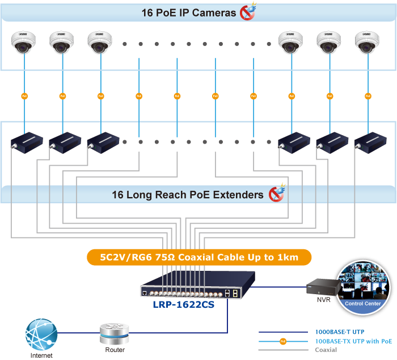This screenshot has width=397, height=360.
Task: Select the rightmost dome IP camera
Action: click(x=366, y=43)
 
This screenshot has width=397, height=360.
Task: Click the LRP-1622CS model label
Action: click(x=183, y=304)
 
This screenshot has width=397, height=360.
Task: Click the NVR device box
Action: click(x=319, y=287)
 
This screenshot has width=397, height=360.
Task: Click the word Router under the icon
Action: click(x=115, y=350)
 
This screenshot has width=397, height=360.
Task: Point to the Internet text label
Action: click(x=43, y=355)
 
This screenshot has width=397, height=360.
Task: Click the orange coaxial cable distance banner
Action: click(x=199, y=257)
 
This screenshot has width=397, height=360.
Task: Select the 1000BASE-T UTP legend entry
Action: click(x=339, y=331)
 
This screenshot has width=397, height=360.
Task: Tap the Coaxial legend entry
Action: click(x=326, y=350)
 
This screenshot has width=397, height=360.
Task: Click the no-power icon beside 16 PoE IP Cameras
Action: click(x=248, y=12)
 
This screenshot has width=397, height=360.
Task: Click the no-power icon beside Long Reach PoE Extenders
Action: click(x=276, y=194)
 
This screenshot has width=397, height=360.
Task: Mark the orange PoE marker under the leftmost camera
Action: click(x=24, y=96)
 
